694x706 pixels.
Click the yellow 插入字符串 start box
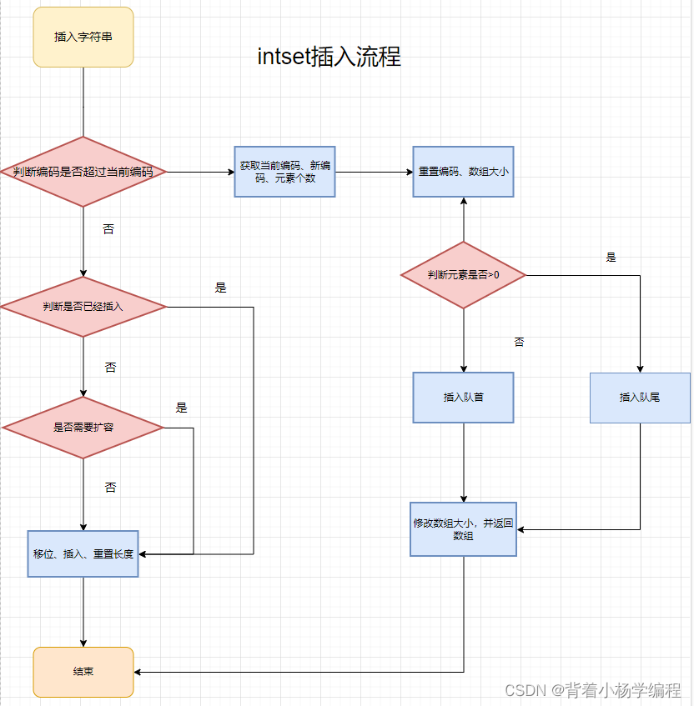pos(83,37)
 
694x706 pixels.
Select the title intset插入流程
pos(329,57)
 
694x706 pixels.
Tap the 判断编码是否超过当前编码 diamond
pos(83,172)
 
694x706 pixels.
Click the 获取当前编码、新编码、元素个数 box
pos(284,172)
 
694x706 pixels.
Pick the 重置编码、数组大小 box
pos(463,172)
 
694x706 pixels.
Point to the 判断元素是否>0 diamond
pos(463,274)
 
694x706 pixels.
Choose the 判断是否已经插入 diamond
pos(83,307)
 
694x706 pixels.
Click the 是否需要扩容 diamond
pos(83,428)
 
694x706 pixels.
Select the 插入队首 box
pos(463,398)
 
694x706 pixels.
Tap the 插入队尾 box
pos(640,398)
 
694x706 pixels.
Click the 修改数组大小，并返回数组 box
pos(463,529)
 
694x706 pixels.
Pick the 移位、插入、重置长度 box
pos(83,553)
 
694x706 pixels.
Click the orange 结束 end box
pos(83,672)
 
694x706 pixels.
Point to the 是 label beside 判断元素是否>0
pos(611,258)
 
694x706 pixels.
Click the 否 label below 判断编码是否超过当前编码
pos(108,229)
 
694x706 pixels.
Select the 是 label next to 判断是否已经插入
pos(220,288)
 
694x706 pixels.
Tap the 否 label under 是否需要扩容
pos(110,488)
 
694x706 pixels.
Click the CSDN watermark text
pos(593,690)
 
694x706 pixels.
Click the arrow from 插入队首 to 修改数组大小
pos(463,463)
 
